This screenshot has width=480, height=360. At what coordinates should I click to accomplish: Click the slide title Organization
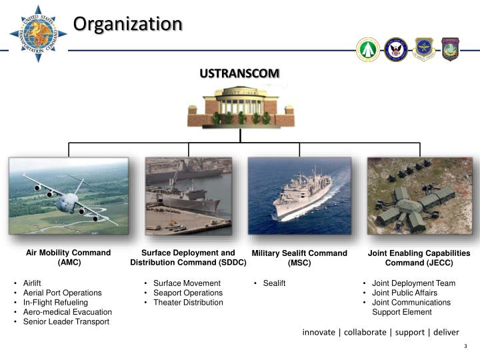[127, 24]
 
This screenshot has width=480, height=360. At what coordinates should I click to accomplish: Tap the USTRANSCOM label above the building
[240, 73]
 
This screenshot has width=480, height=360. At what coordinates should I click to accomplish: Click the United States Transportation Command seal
[38, 34]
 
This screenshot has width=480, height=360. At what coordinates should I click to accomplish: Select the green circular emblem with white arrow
[368, 49]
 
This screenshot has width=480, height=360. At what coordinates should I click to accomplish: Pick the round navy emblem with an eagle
[396, 49]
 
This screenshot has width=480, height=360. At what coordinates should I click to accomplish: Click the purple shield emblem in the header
[451, 49]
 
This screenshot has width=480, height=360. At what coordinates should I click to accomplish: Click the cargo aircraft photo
[68, 196]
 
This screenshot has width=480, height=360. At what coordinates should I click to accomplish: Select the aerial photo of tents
[419, 196]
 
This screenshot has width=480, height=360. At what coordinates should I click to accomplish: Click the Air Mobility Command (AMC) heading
[68, 257]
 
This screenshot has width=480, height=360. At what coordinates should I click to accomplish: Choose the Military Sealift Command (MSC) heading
[299, 258]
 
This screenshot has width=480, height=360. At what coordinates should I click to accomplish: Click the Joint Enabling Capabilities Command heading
[419, 258]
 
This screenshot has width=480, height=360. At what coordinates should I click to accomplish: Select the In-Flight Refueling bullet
[55, 303]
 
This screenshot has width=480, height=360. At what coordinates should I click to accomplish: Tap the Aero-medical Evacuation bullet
[67, 312]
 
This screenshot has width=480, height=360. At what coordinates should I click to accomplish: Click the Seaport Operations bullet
[187, 293]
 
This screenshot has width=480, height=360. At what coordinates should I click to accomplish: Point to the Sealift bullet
[274, 283]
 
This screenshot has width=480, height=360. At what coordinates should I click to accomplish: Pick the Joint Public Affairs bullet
[404, 293]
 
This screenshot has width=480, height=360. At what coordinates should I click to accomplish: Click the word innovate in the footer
[319, 332]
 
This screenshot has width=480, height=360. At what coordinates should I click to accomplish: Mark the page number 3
[465, 347]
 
